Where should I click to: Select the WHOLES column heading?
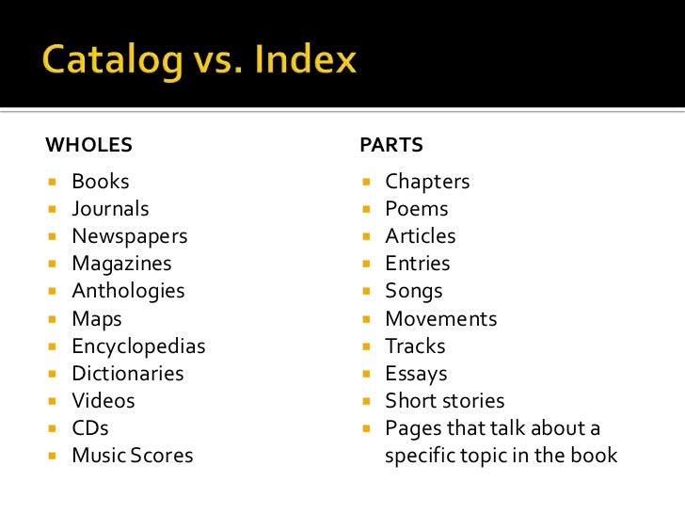point(88,146)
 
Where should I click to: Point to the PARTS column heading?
point(391,146)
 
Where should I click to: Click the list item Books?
point(100,182)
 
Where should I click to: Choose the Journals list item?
point(110,209)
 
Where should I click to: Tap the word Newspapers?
point(130,236)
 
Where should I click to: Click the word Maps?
point(97,319)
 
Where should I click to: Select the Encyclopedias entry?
point(138,346)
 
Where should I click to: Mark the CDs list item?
point(91,428)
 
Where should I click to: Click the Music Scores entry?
point(132,456)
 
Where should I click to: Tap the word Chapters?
point(427,182)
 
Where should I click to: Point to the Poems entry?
point(417,209)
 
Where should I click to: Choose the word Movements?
point(440,319)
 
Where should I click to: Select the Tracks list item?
point(415,346)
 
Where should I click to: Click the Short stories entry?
point(444,401)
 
